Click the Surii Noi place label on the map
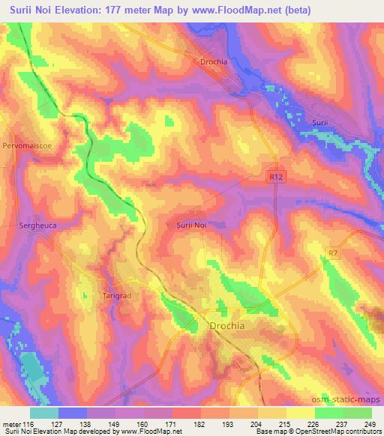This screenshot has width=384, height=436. tap(190, 224)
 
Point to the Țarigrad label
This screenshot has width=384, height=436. tap(117, 295)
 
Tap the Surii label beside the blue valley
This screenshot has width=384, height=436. tap(321, 122)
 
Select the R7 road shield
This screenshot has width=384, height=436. tap(333, 254)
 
